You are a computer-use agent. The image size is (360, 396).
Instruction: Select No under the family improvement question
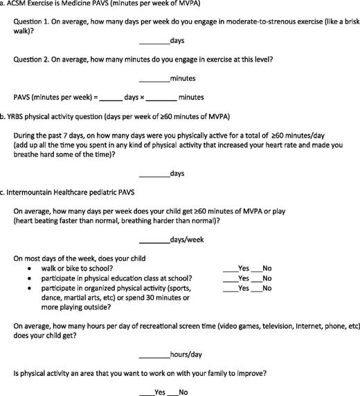[175, 391]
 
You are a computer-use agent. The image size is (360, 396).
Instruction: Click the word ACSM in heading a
[20, 6]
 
